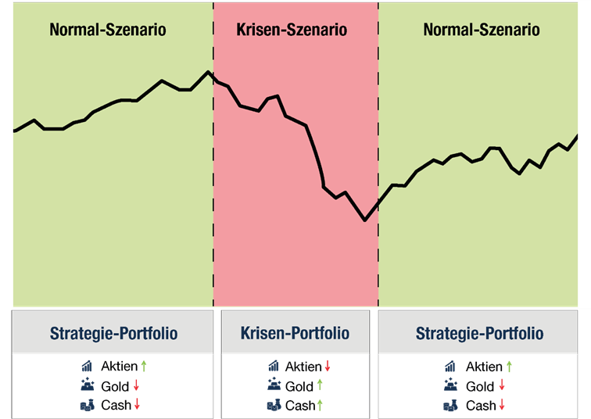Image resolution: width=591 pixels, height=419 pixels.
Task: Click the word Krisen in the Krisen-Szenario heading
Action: coord(260,30)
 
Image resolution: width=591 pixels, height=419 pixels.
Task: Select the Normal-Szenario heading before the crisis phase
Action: coord(108,30)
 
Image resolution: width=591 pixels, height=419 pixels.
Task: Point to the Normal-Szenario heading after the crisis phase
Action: coord(481,30)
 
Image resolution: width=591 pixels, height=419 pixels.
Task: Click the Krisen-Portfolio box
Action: coord(295,334)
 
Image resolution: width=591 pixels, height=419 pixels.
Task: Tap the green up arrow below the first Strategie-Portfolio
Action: coord(143,365)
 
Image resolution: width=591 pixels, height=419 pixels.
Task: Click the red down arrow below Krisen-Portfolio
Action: coord(328,365)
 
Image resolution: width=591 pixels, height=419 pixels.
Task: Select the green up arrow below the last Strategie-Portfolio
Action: coord(510,365)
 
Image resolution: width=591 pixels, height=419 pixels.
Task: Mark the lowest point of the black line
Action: coord(365,220)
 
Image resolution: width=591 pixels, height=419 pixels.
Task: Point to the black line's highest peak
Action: coord(209,72)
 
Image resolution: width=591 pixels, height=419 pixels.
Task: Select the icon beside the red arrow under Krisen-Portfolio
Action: coord(274,365)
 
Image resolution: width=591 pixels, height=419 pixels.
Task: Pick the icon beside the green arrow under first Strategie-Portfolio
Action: coord(88,365)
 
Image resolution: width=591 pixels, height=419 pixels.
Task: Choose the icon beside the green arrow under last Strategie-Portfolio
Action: coord(451,365)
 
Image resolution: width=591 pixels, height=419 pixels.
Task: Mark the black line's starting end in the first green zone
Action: coord(15,131)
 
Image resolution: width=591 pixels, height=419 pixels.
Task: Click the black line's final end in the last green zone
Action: coord(577,136)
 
